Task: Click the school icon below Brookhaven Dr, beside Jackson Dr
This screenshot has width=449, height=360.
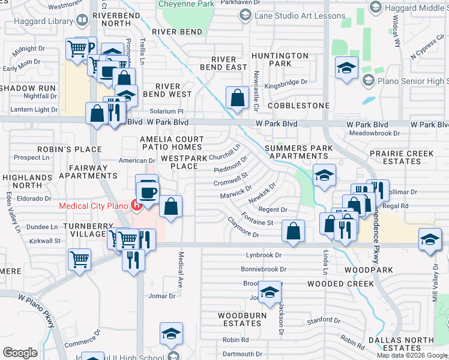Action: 270,292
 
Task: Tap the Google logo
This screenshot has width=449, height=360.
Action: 20,352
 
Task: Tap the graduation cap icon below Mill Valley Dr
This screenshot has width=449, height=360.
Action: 430,239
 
